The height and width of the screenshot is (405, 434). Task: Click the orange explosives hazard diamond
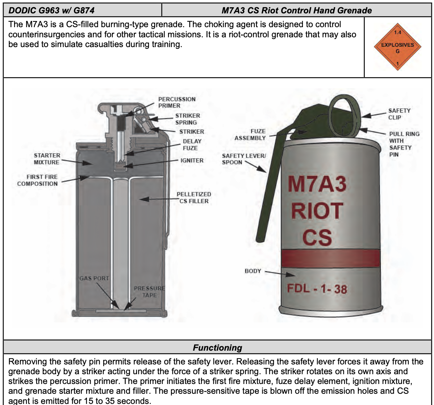click(397, 47)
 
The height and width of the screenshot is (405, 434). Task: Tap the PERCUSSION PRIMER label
click(176, 102)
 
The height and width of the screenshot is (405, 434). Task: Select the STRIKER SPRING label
click(187, 119)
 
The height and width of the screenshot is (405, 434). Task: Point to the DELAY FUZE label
click(192, 145)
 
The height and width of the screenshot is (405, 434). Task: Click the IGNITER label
click(192, 160)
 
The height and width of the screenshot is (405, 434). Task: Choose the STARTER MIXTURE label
click(47, 159)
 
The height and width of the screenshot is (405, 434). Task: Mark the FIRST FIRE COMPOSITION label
click(37, 180)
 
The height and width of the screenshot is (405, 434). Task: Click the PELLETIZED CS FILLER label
click(194, 197)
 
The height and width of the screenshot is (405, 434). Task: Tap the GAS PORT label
click(94, 278)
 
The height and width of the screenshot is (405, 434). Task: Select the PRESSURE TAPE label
click(149, 292)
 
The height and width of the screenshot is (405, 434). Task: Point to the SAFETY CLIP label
click(399, 114)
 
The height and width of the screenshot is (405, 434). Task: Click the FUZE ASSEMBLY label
click(250, 134)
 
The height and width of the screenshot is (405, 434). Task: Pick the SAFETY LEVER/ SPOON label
click(244, 159)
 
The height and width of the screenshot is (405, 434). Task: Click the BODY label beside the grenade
click(253, 271)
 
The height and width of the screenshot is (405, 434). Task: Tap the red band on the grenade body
click(330, 258)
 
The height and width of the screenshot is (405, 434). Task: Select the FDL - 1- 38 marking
click(317, 289)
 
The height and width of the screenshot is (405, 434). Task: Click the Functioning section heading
click(217, 348)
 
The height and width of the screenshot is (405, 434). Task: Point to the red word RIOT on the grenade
click(317, 211)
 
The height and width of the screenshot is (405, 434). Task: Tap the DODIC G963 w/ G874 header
click(51, 10)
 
